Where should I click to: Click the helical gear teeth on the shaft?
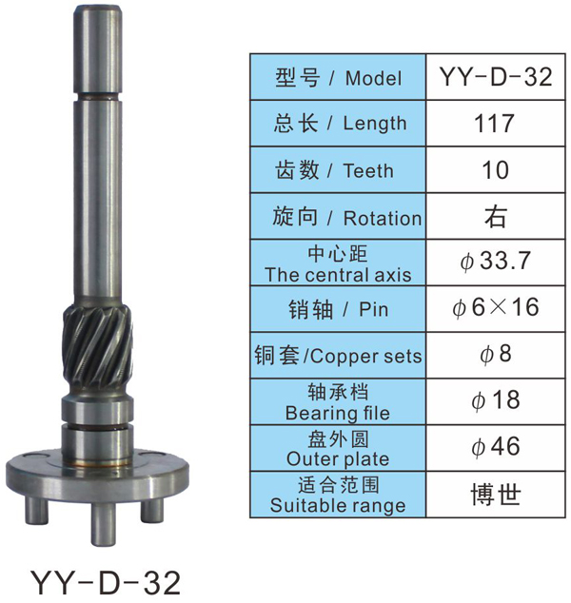pyautogui.click(x=98, y=348)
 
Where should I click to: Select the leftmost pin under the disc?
pyautogui.click(x=36, y=511)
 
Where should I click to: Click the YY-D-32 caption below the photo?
pyautogui.click(x=105, y=582)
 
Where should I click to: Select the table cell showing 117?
pyautogui.click(x=495, y=124)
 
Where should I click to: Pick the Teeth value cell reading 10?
pyautogui.click(x=495, y=170)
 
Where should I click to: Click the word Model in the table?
pyautogui.click(x=373, y=78)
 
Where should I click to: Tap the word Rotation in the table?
pyautogui.click(x=382, y=218)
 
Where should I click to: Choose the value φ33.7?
pyautogui.click(x=495, y=262)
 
